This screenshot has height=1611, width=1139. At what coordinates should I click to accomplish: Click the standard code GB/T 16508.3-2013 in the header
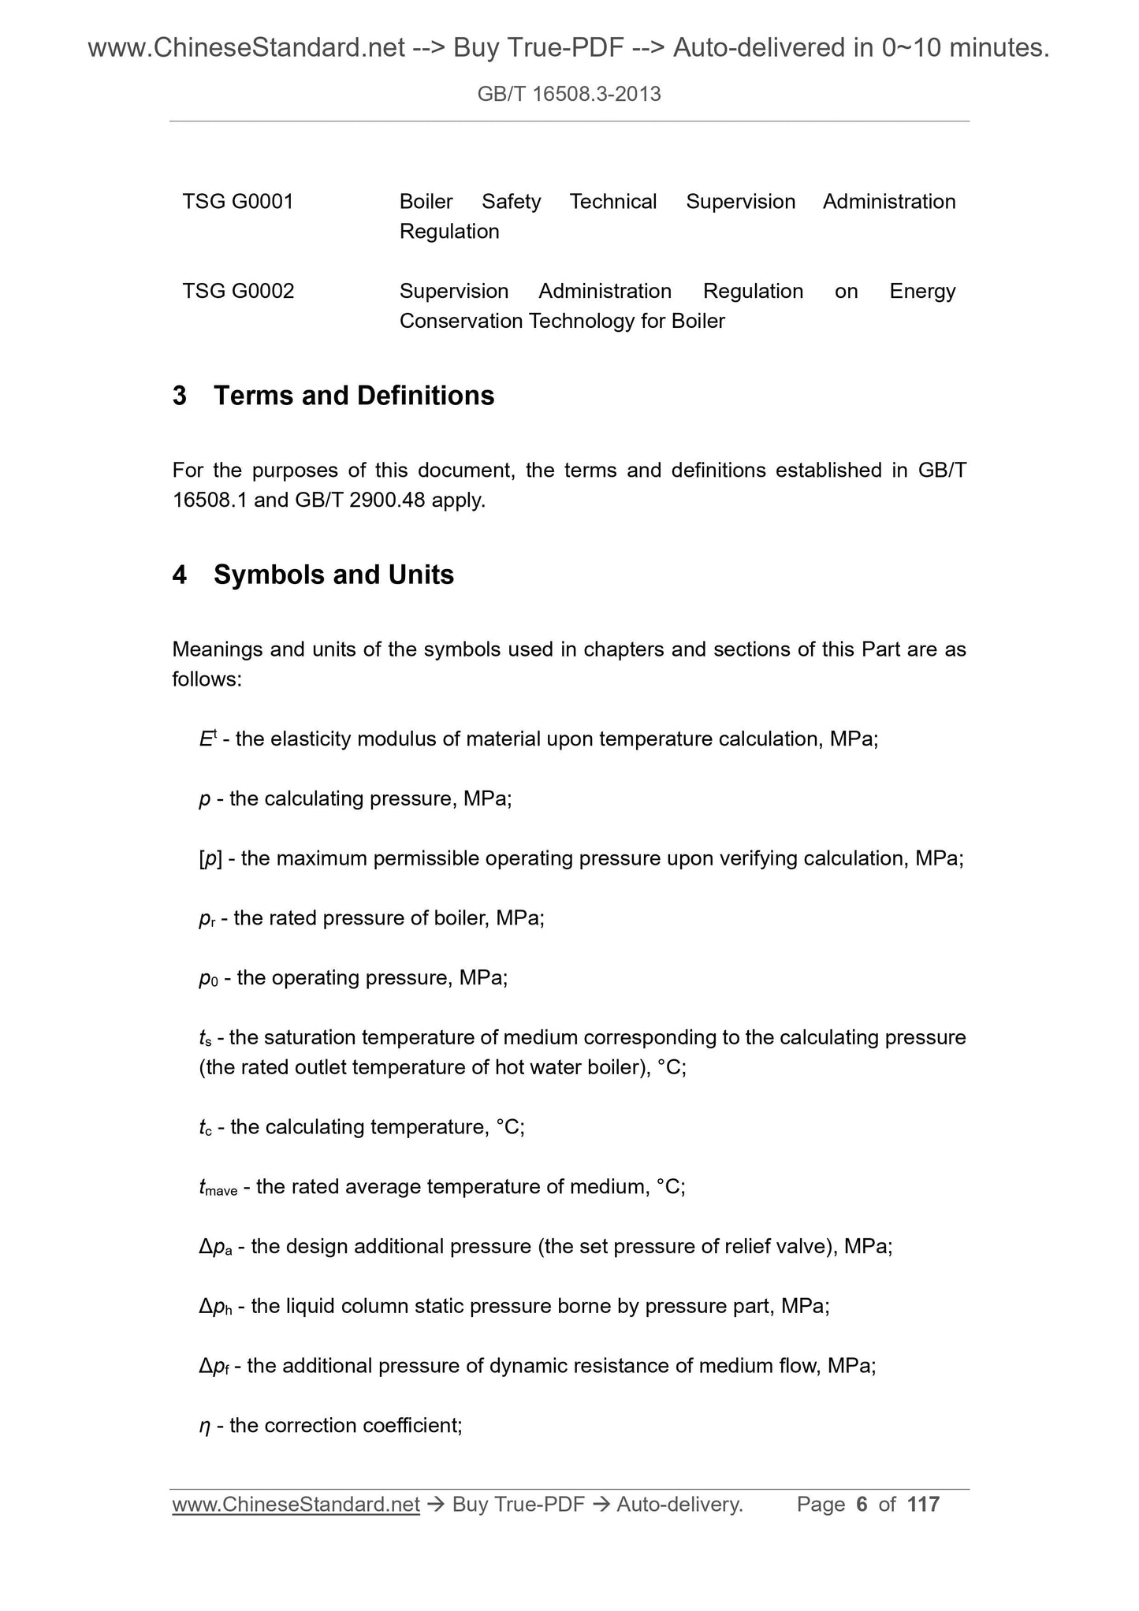click(x=569, y=95)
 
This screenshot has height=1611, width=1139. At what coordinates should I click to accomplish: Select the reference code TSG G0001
click(x=238, y=202)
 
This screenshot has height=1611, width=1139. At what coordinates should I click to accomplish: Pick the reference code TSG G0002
click(x=238, y=292)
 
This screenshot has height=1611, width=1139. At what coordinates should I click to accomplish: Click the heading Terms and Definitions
click(x=354, y=396)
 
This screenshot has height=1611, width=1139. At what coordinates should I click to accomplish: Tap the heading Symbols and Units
click(x=333, y=575)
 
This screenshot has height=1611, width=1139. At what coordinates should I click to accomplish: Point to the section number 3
click(x=180, y=396)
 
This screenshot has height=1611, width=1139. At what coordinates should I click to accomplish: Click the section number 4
click(x=180, y=575)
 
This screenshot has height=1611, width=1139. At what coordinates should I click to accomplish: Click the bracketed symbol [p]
click(x=210, y=858)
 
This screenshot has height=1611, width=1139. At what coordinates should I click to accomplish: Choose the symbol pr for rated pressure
click(x=207, y=919)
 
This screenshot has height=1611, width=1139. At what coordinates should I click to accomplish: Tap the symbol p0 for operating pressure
click(x=208, y=979)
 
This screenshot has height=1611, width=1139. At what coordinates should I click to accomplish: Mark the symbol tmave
click(x=218, y=1188)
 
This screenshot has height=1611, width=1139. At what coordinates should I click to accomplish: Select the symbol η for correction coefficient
click(x=204, y=1427)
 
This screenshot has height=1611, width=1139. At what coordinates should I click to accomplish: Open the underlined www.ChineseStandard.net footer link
click(x=296, y=1505)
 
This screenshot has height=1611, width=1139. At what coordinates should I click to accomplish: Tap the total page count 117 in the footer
click(x=923, y=1505)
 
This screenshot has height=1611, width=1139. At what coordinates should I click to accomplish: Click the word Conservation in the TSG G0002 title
click(x=461, y=322)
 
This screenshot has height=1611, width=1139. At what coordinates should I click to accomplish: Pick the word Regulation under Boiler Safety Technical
click(x=449, y=232)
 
